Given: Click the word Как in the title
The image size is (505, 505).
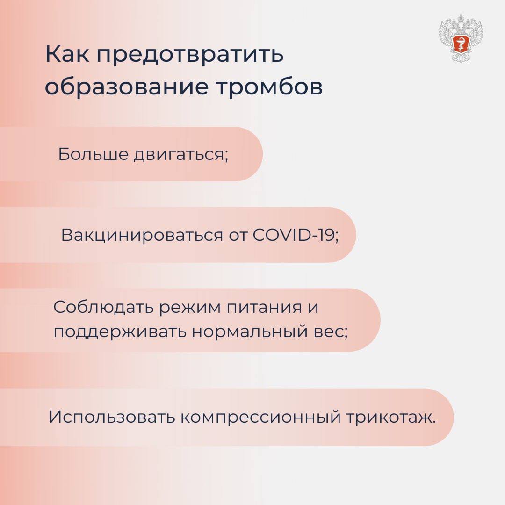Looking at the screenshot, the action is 67,54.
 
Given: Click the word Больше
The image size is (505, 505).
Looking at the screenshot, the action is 93,154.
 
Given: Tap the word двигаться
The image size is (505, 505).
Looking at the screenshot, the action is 181,155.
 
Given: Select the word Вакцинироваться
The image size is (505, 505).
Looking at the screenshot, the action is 142,235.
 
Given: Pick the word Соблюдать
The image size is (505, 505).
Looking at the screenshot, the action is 104,307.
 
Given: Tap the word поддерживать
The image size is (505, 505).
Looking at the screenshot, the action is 120,332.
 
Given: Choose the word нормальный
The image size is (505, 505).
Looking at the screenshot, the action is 250,332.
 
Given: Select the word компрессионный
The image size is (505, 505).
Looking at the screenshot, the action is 260,418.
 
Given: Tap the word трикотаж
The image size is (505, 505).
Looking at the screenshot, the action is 391,418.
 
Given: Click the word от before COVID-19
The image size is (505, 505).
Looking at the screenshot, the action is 238,235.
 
